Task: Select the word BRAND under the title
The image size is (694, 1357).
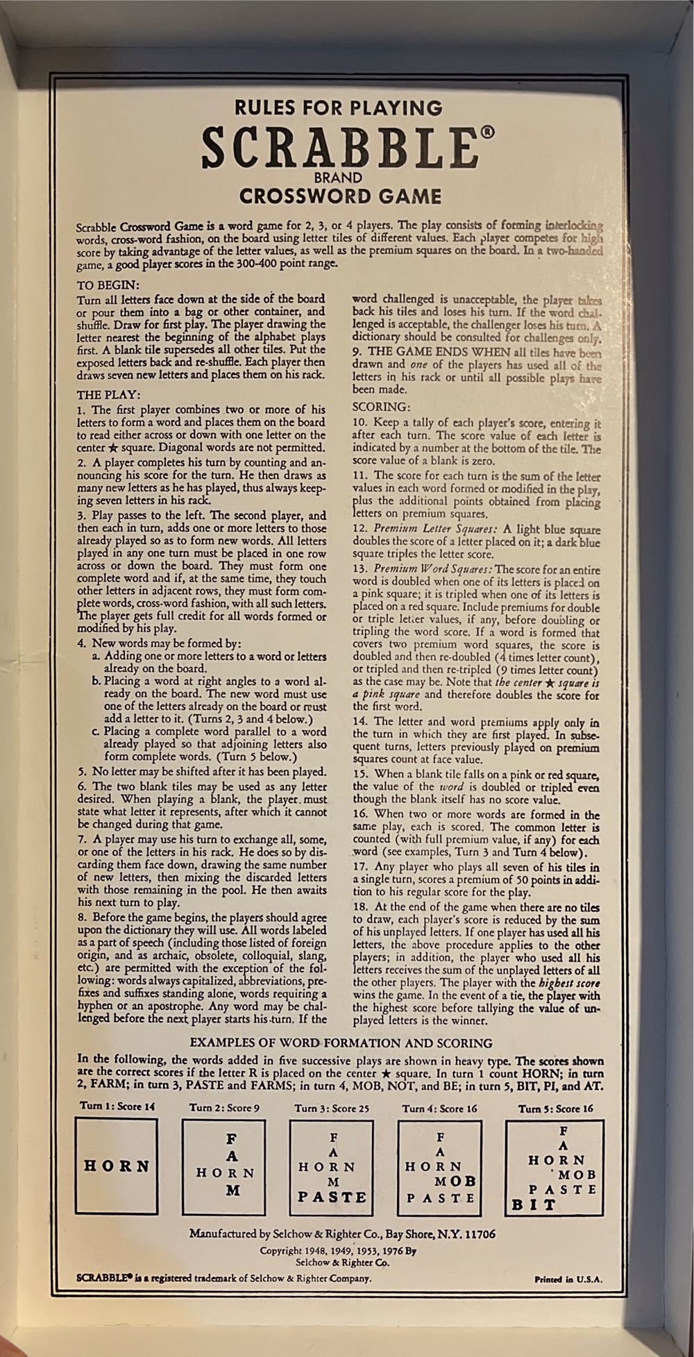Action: click(339, 178)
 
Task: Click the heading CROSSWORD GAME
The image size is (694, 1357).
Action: click(340, 196)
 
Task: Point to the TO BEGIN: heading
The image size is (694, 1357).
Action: click(108, 285)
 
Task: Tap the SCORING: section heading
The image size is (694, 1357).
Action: click(381, 406)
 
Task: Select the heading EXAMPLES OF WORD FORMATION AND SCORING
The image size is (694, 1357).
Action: click(341, 1043)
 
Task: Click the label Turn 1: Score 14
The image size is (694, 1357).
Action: click(117, 1106)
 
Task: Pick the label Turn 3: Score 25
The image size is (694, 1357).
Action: click(332, 1109)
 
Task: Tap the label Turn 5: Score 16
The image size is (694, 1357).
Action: click(555, 1109)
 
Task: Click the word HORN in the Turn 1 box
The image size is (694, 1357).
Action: click(117, 1165)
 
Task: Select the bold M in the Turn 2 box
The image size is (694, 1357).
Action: click(232, 1189)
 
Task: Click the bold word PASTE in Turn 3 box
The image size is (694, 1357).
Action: click(332, 1197)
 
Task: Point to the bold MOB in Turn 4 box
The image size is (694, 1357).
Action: click(455, 1181)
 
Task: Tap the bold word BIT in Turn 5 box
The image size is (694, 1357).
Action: click(534, 1205)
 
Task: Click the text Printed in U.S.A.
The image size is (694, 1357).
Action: click(568, 1279)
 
